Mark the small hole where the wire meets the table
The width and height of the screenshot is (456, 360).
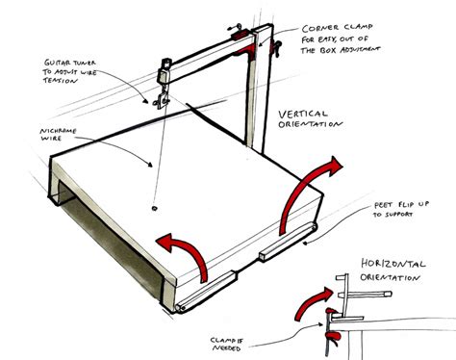click(156, 205)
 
